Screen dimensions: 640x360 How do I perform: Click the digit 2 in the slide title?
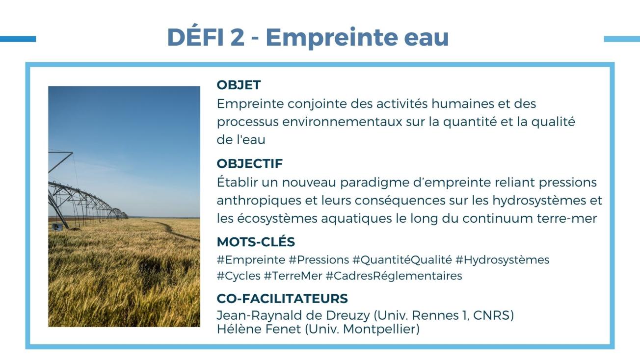[238, 37]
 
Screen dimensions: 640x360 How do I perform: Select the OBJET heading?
[239, 85]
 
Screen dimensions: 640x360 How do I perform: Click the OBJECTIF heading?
[250, 164]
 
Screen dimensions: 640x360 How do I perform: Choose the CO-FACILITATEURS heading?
[282, 299]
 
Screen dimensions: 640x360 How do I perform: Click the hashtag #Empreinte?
[251, 260]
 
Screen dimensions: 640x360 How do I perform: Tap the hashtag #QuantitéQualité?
[402, 260]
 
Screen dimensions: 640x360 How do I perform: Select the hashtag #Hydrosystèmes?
[502, 260]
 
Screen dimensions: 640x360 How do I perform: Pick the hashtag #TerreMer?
[293, 276]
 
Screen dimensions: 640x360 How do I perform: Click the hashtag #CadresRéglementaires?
[394, 276]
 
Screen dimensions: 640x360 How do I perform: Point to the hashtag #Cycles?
[239, 276]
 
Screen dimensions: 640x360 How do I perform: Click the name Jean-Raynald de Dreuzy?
[293, 315]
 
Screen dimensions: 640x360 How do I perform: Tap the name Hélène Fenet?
[259, 329]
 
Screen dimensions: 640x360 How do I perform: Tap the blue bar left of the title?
[18, 39]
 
